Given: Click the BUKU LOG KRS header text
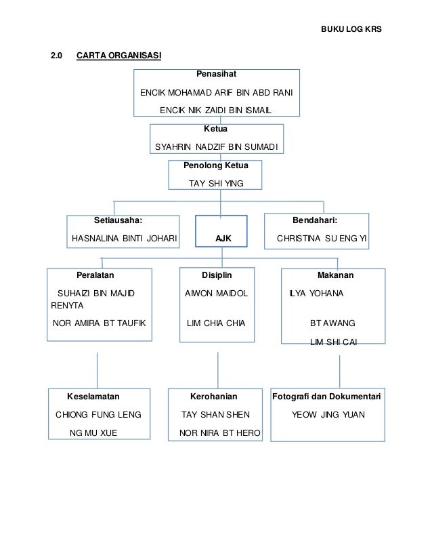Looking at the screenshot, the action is coord(351,29).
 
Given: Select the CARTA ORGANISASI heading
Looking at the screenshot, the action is coord(118,56).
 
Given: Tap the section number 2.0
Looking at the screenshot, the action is coord(56,56).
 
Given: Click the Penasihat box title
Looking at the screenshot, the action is coord(216,74).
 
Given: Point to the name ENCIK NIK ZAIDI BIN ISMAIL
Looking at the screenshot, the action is coord(215,111).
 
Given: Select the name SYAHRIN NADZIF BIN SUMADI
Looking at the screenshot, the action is coord(216,147).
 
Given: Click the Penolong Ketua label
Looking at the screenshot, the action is coord(216,165).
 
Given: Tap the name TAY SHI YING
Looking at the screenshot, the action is coord(216,184).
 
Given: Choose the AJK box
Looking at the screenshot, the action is coord(221,231).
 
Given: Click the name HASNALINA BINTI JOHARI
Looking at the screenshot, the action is coord(124,238).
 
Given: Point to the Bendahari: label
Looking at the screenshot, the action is coord(315,220).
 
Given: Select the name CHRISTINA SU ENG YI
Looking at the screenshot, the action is coord(322,238).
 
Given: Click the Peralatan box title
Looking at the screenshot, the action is coord(95,275).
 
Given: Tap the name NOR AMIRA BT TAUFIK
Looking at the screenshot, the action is coord(99,323).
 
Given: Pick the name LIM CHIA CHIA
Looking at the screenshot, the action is coord(216,323).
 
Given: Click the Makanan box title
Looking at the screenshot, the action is coord(335,275).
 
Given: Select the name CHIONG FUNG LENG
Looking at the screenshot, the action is coord(98,415).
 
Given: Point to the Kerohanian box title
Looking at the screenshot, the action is coord(214,397).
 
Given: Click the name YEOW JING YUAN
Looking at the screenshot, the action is coord(328,415).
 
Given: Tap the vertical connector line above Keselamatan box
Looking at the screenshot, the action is coord(97,371).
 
